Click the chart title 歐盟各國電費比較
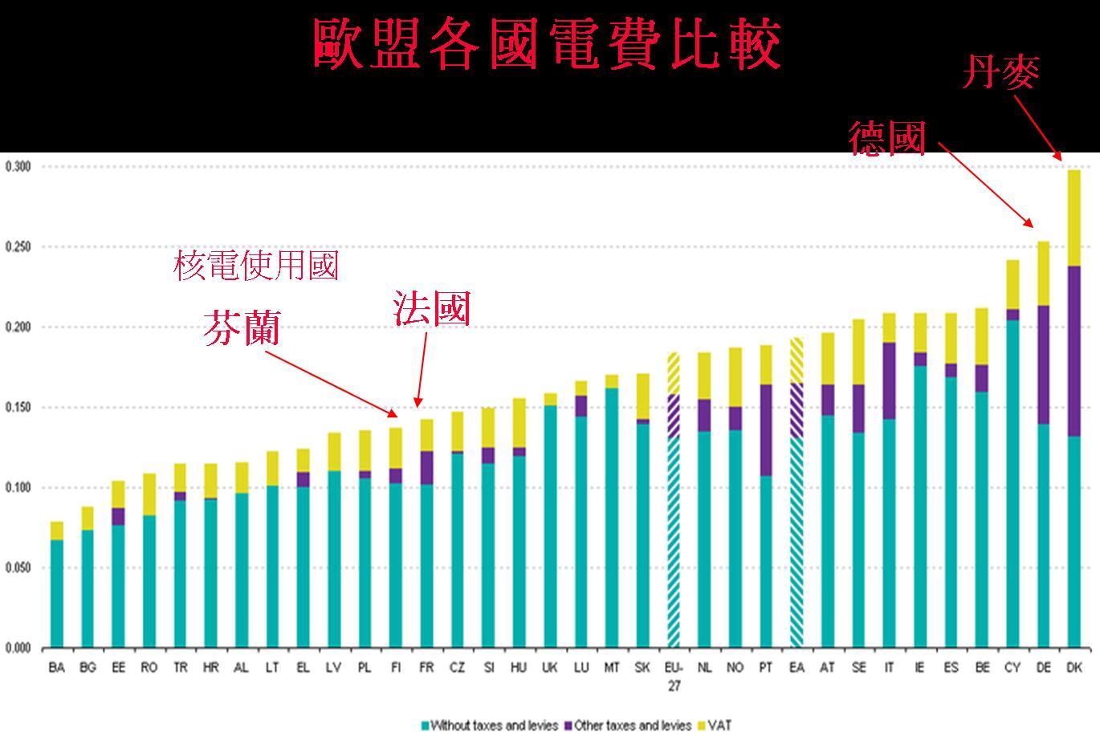click(547, 45)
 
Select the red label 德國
click(888, 139)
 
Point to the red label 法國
click(431, 309)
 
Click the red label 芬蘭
click(242, 329)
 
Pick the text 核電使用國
click(256, 266)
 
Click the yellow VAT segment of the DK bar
click(1074, 218)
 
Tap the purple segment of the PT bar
click(766, 430)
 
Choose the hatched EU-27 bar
click(674, 498)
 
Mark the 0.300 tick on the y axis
click(18, 167)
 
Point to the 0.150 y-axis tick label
click(18, 408)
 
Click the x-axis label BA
click(56, 668)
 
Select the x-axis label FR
click(426, 668)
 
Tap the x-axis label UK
click(550, 668)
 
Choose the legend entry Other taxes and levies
click(628, 726)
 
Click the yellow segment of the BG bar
click(88, 518)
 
